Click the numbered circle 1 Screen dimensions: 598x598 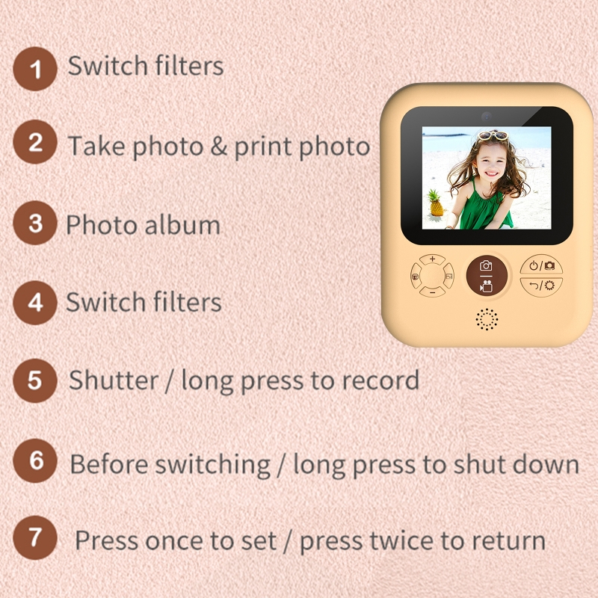35,69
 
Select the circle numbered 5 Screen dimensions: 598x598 35,379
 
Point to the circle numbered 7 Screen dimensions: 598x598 35,537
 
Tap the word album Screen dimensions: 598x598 186,225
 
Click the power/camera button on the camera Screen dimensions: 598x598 541,265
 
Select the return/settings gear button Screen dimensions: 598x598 541,286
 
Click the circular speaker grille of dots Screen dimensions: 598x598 487,319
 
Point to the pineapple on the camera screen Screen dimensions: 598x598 434,203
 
